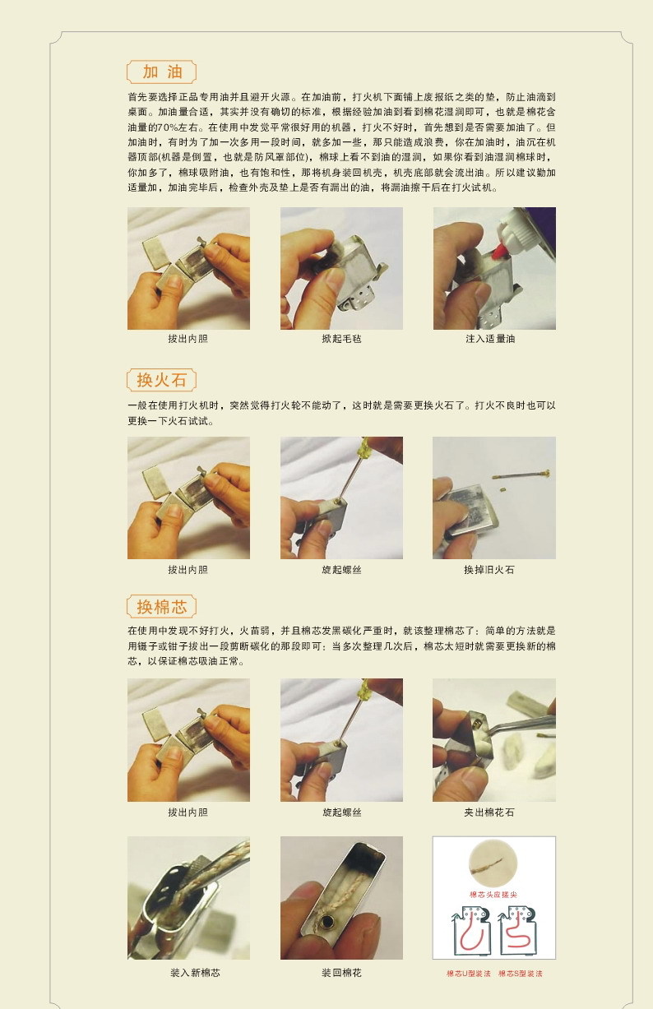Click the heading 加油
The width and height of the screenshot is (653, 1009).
(161, 72)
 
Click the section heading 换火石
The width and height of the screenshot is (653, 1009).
(161, 380)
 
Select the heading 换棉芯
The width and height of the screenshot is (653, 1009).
(161, 607)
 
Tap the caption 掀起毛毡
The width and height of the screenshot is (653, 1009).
(341, 339)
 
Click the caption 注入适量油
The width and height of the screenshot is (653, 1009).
(494, 339)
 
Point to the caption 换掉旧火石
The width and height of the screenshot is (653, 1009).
(494, 569)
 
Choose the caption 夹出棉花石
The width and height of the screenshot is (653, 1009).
(494, 812)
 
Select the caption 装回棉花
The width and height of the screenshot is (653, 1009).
(341, 973)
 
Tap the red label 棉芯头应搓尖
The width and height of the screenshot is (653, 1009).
(493, 894)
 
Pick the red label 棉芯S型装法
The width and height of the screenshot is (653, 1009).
(521, 974)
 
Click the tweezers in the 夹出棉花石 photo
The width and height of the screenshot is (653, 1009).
(518, 724)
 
